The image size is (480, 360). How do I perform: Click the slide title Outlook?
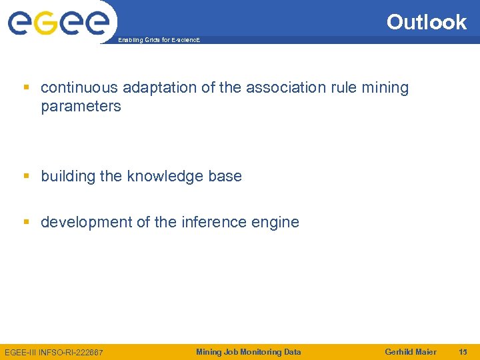[426, 22]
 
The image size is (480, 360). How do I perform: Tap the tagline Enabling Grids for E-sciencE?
[158, 41]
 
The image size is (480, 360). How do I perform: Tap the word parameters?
[81, 106]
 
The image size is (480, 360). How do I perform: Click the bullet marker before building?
[27, 176]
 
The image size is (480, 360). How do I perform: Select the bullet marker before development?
[27, 222]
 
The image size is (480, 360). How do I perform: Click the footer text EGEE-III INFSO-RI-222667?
[54, 352]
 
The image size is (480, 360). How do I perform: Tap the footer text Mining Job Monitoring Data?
[248, 352]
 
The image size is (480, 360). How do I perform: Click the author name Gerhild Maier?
[411, 352]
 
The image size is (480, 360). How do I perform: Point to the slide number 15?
[463, 352]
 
